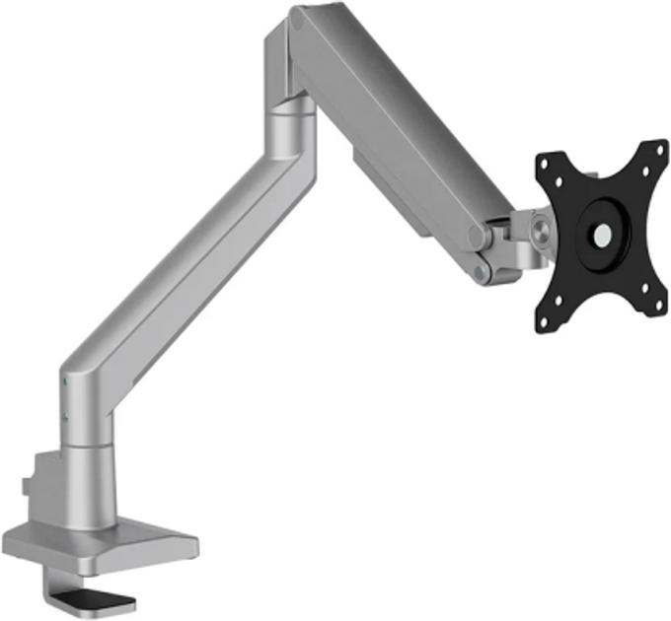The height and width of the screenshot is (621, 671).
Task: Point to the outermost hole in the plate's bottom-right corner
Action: [659, 308]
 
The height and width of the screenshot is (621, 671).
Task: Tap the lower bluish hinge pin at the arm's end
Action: [481, 268]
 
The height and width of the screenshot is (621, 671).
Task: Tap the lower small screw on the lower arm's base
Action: [65, 417]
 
